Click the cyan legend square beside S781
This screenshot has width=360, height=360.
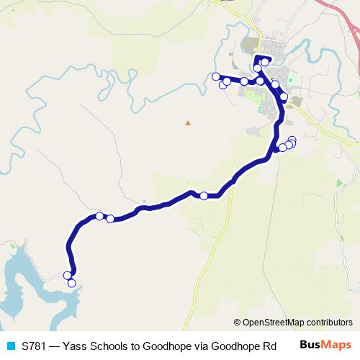pos(10,346)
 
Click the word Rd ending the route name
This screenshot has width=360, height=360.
pos(269,346)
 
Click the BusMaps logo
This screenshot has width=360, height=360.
pos(325,345)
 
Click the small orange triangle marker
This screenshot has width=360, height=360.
pos(188,123)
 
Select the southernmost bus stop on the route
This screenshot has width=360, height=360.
pos(72,283)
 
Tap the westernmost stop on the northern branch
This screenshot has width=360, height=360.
pos(215,76)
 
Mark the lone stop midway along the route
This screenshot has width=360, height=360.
pos(204,196)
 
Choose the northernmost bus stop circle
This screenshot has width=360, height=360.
pos(265,62)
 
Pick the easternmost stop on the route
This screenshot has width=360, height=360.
pos(292,141)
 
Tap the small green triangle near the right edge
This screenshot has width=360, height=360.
pos(340,183)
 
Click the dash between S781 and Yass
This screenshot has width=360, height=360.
pos(56,346)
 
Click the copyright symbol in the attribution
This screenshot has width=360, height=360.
pos(238,323)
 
